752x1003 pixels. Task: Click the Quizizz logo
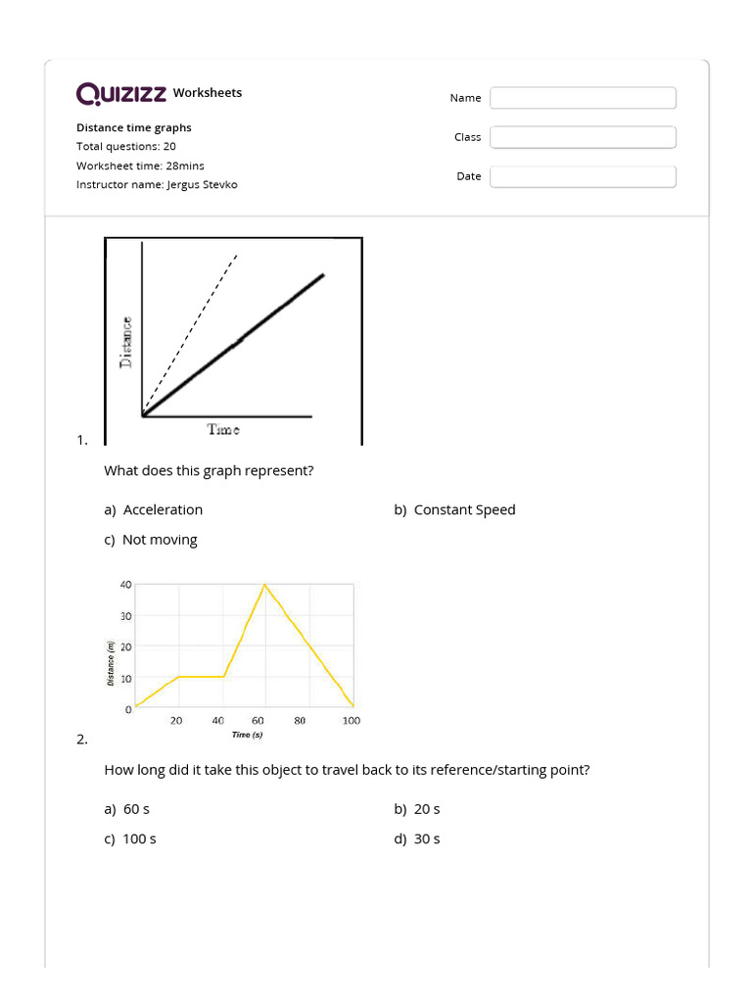tap(121, 93)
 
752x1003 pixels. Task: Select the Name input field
tap(583, 98)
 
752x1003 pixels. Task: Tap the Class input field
tap(583, 137)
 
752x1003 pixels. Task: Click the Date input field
tap(583, 176)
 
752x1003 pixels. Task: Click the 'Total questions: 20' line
tap(126, 146)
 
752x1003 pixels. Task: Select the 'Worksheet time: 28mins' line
tap(140, 166)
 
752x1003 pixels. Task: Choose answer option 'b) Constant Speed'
tap(454, 509)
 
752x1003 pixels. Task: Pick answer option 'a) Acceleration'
tap(154, 509)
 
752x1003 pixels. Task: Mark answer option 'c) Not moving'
tap(151, 540)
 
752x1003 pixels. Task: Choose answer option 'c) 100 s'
tap(130, 838)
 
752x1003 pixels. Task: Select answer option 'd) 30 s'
tap(417, 838)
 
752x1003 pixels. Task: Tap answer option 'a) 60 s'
tap(126, 809)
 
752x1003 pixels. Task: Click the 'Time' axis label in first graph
tap(223, 429)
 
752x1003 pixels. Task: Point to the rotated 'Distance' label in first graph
tap(125, 343)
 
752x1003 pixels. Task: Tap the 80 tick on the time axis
tap(300, 720)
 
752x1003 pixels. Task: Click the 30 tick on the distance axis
tap(125, 616)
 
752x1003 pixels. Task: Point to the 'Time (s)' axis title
tap(247, 735)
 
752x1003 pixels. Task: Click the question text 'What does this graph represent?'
tap(209, 470)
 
